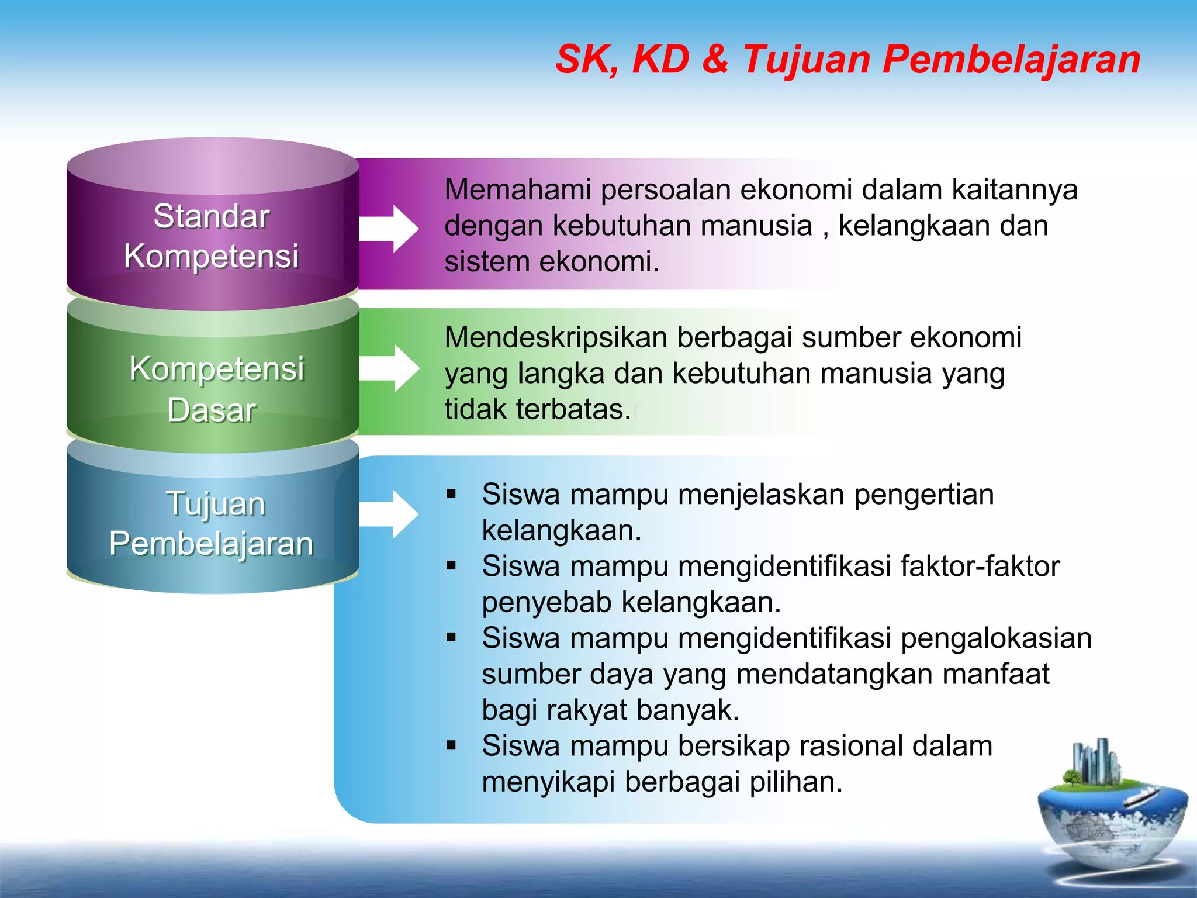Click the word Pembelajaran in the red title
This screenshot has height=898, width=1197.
[x=1011, y=60]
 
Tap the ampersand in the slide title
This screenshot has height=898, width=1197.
[x=715, y=60]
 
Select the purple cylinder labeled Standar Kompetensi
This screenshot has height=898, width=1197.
[x=212, y=234]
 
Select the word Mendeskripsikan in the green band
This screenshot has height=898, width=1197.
[x=555, y=338]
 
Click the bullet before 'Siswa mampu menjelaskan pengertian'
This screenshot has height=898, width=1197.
[x=451, y=494]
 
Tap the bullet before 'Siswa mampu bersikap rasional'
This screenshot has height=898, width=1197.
[x=451, y=745]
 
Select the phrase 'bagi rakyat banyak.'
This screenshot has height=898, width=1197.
[x=611, y=710]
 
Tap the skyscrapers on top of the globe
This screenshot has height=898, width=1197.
[x=1096, y=760]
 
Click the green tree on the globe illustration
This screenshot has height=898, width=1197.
[x=1071, y=778]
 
